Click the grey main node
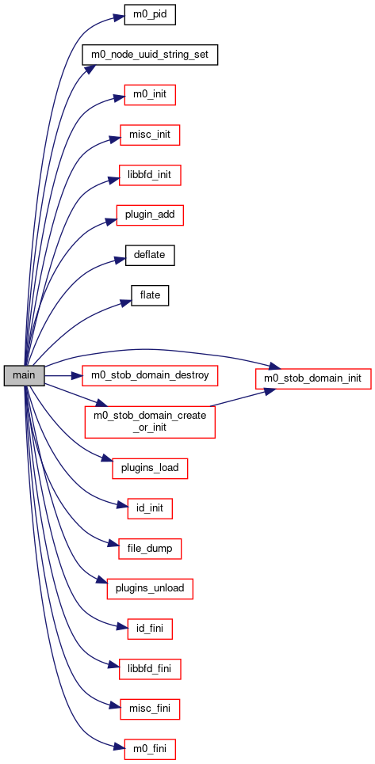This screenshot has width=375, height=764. pyautogui.click(x=25, y=375)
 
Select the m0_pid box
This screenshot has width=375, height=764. pyautogui.click(x=150, y=14)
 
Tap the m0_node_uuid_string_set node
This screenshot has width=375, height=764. pyautogui.click(x=149, y=55)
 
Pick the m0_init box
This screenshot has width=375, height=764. pyautogui.click(x=150, y=94)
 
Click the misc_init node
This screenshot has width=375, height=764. pyautogui.click(x=150, y=135)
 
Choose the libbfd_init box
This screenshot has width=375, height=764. pyautogui.click(x=150, y=174)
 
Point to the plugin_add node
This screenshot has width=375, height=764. pyautogui.click(x=150, y=215)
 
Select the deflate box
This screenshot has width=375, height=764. pyautogui.click(x=150, y=255)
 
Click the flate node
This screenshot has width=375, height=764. pyautogui.click(x=150, y=295)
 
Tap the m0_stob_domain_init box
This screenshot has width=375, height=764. pyautogui.click(x=313, y=378)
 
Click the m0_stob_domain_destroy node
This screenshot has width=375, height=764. pyautogui.click(x=150, y=375)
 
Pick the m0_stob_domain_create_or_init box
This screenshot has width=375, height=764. pyautogui.click(x=150, y=421)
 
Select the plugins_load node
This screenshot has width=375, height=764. pyautogui.click(x=150, y=468)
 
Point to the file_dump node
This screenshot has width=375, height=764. pyautogui.click(x=150, y=549)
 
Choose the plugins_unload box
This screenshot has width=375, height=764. pyautogui.click(x=150, y=588)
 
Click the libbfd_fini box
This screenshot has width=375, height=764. pyautogui.click(x=150, y=669)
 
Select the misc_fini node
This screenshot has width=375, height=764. pyautogui.click(x=150, y=709)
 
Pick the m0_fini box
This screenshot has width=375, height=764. pyautogui.click(x=150, y=749)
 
